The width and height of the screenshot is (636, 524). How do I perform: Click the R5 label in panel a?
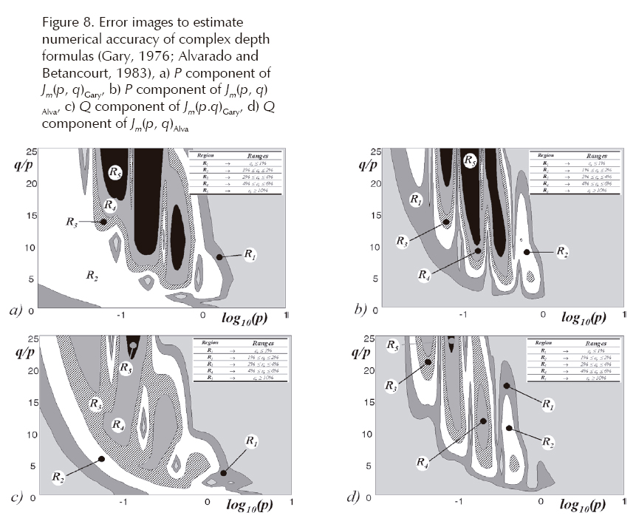point(115,172)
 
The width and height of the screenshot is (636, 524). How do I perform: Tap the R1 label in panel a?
point(250,256)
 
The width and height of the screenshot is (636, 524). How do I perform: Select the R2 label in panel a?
point(92,276)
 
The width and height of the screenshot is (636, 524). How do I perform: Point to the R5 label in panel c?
point(126,367)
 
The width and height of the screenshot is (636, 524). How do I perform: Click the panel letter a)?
point(16,310)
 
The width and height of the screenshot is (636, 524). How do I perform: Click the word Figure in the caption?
point(60,23)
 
